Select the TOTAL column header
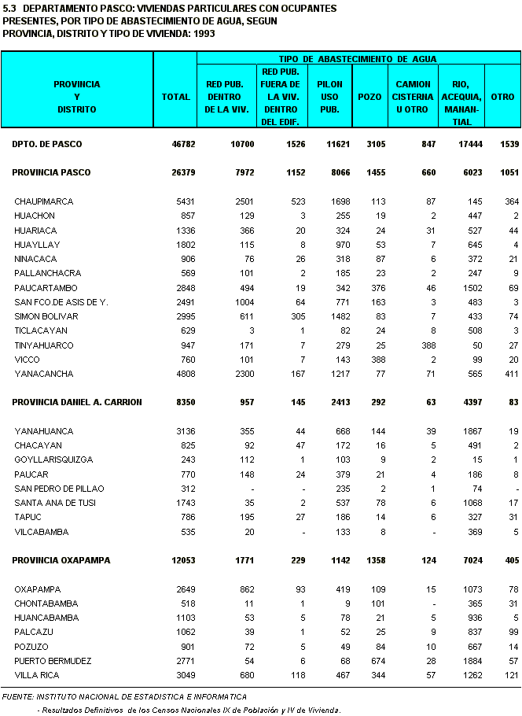click(175, 97)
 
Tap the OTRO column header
click(502, 97)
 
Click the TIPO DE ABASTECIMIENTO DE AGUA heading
click(358, 59)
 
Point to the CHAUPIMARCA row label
click(43, 201)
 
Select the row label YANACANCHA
click(43, 374)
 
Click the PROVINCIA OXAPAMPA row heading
click(61, 560)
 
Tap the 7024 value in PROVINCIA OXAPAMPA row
click(469, 560)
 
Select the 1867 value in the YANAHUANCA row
click(469, 431)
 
